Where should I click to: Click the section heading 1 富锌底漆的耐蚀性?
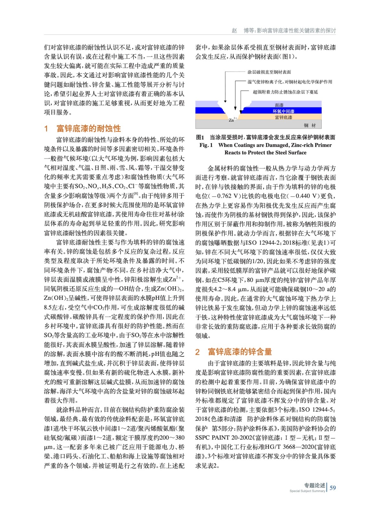pos(83,129)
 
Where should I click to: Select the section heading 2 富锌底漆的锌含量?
pos(234,352)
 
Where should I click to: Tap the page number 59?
pos(333,488)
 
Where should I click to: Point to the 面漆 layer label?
pos(279,105)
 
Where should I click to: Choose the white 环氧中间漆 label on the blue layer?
pos(283,111)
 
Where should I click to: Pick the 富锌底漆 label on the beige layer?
pos(284,117)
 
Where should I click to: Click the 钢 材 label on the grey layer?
pos(310,125)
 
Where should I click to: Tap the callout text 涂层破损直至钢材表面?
pos(269,72)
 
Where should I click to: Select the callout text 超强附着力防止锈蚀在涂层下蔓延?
pos(285,92)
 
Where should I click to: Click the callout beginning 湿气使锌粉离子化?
pos(290,82)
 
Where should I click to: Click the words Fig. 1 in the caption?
pos(206,145)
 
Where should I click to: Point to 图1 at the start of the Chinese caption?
pos(200,138)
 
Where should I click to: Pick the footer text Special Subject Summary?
pos(307,491)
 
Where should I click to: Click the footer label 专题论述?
pos(314,485)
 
